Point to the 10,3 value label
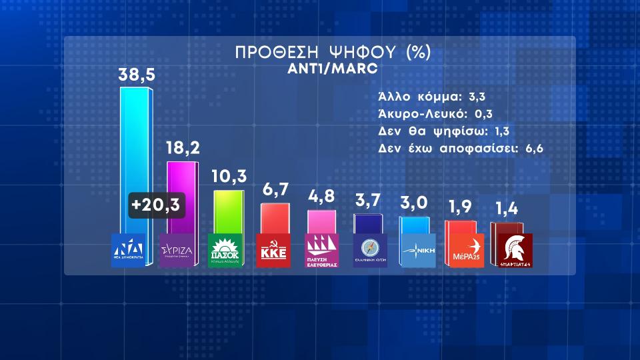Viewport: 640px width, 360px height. (229, 177)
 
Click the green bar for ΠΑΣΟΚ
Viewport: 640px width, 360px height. (229, 212)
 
